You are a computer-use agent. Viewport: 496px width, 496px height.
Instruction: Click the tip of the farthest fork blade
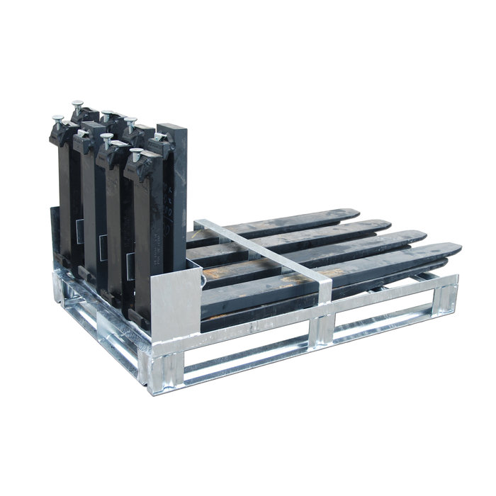point(354,212)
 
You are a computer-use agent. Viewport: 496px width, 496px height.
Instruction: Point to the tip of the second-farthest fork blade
point(386,224)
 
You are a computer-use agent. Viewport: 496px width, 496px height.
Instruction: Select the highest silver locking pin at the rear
point(77,106)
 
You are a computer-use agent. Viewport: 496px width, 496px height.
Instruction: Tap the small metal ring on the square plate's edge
point(204,281)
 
